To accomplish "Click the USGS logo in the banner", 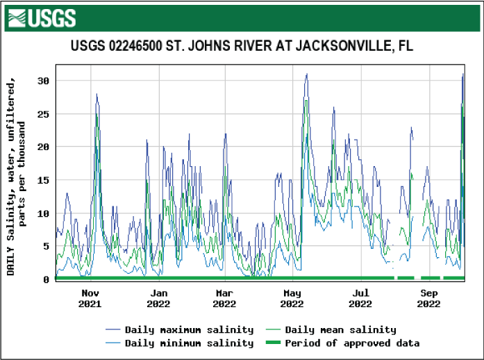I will point(42,17).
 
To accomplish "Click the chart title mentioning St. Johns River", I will point(242,47).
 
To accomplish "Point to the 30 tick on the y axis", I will point(43,81).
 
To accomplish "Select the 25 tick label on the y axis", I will point(43,114).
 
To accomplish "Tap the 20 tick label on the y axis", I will point(43,147).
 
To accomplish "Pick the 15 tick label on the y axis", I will point(43,180).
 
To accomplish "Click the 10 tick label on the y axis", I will point(43,213).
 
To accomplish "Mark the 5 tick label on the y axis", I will point(46,246).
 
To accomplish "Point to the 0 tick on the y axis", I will point(46,279).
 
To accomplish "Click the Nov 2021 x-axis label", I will point(90,298).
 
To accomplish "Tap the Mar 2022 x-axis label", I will point(224,298).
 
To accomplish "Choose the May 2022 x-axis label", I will point(292,298).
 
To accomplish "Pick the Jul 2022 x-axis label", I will point(360,298).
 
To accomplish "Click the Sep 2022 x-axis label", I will point(429,298).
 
